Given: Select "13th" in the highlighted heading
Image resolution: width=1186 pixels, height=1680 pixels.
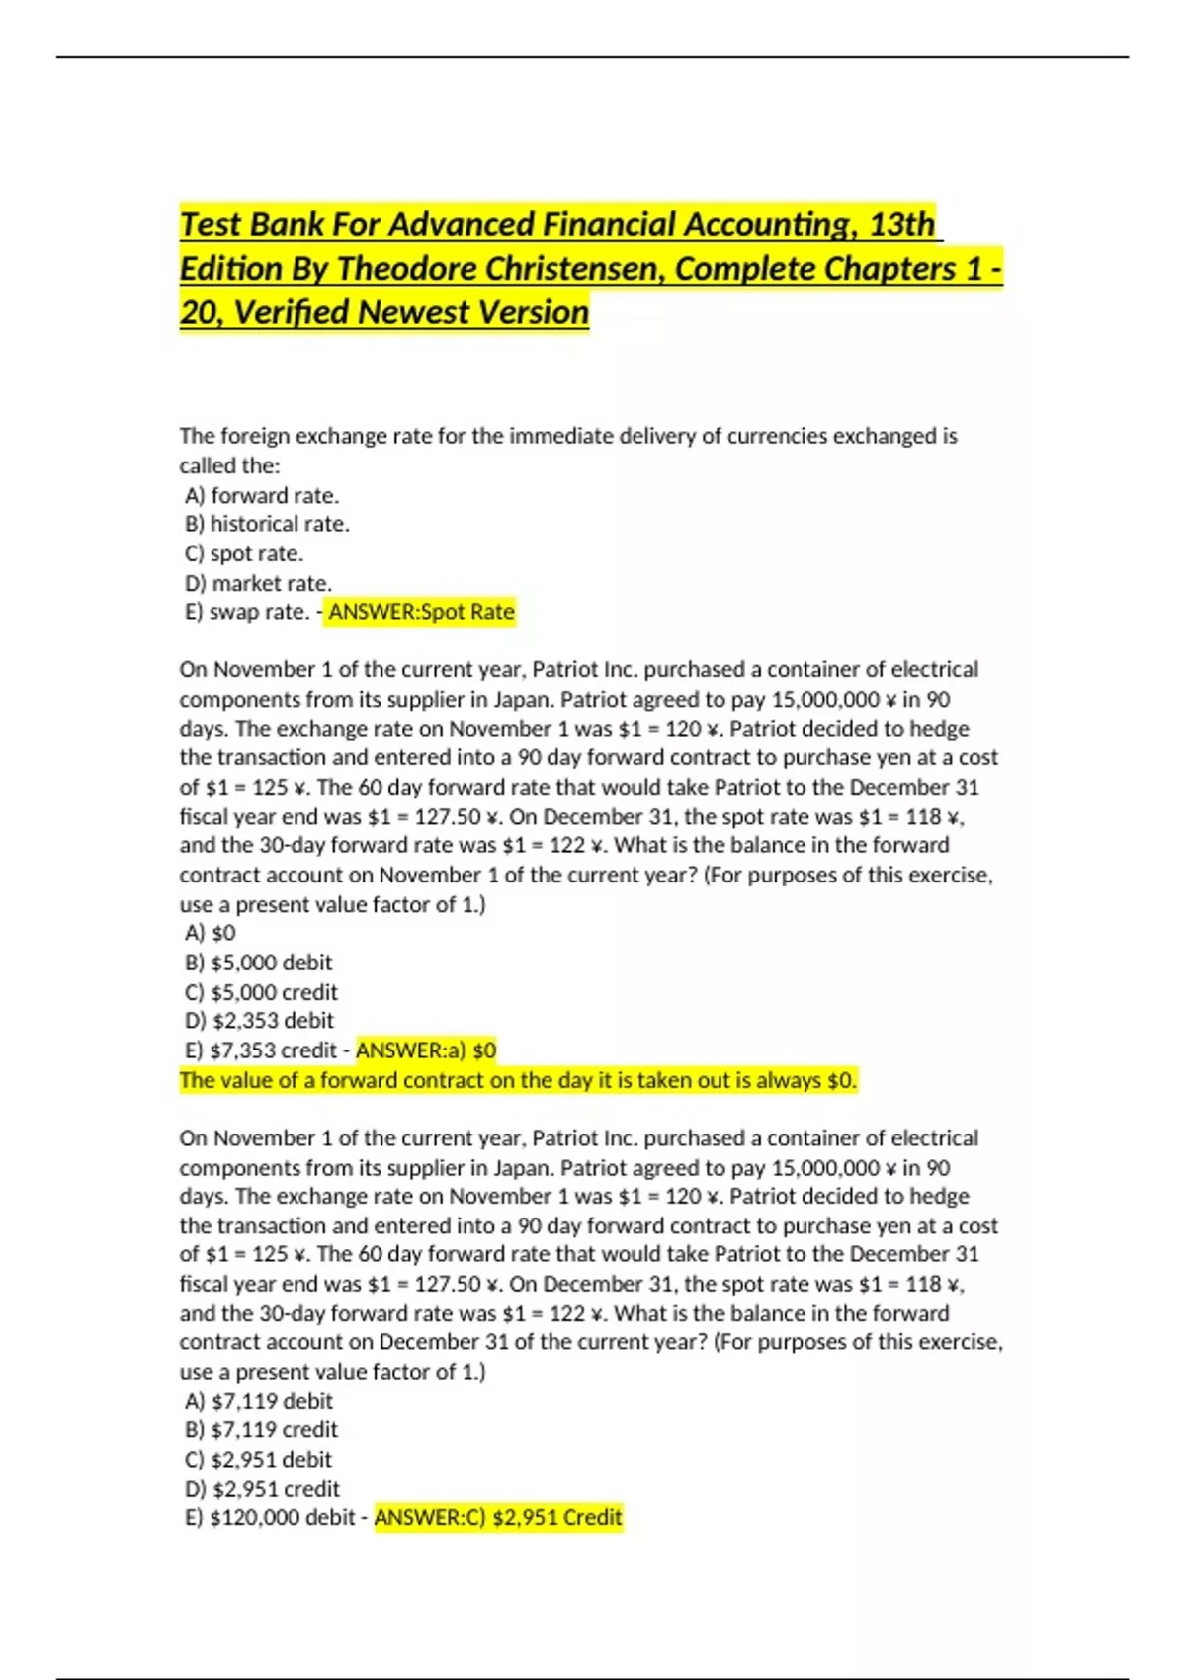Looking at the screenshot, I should (901, 225).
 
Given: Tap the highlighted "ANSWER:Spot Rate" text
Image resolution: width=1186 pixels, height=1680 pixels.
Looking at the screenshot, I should (421, 612).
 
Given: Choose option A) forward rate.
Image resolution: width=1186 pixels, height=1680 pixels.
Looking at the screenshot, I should (262, 495).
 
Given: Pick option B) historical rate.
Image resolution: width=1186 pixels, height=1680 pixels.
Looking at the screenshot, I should (267, 524).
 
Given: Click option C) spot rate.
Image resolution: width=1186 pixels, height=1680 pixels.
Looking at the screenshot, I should (244, 553).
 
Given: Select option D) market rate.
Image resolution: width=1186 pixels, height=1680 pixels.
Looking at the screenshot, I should (258, 583).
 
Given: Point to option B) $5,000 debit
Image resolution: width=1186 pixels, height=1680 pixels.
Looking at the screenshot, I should (258, 963).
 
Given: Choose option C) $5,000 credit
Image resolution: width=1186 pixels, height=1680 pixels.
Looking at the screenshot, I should (261, 992).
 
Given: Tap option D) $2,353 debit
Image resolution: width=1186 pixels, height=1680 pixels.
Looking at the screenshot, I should (259, 1021).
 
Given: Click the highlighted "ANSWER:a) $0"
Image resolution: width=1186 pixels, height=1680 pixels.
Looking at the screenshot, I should (426, 1050).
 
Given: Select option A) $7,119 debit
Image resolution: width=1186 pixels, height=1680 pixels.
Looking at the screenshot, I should (259, 1401).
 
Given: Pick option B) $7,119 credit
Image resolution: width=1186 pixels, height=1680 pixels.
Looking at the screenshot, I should (261, 1430).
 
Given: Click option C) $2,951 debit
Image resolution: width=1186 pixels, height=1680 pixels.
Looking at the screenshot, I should (258, 1460).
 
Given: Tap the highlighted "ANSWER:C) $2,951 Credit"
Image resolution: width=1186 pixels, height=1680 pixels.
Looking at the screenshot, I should (498, 1518).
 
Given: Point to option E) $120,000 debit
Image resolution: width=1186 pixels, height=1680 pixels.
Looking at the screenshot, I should (269, 1518).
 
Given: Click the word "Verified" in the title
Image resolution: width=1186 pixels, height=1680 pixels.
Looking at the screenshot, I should (295, 313).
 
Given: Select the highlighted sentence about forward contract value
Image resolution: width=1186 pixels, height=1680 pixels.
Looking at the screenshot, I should (518, 1080).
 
